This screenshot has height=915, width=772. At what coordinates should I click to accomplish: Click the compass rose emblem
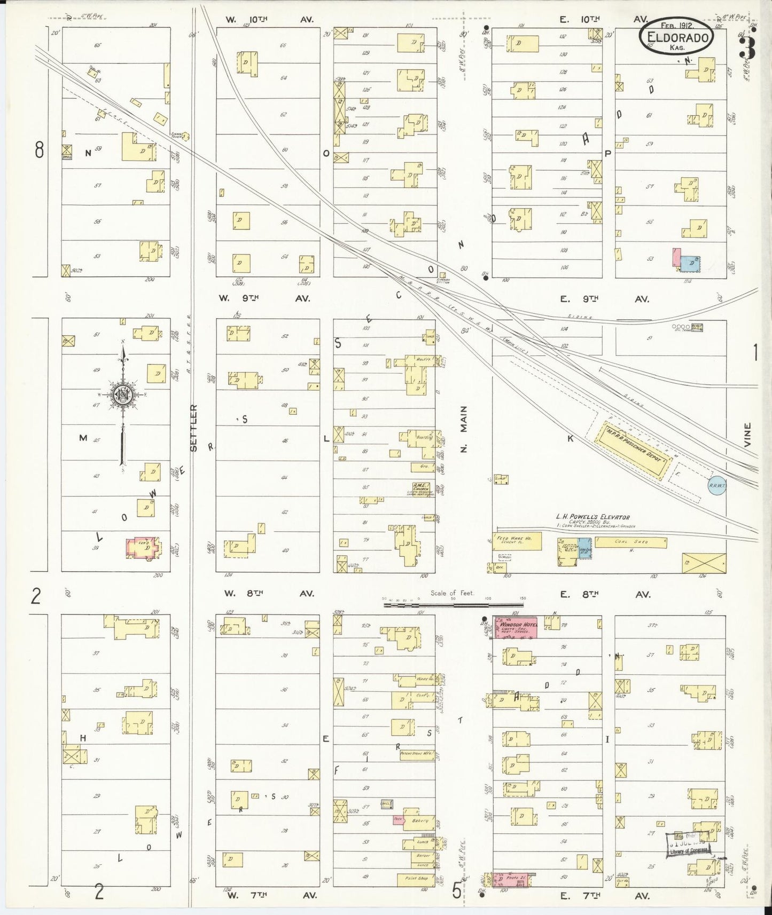pyautogui.click(x=123, y=395)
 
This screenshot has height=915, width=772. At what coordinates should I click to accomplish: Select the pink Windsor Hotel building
pyautogui.click(x=516, y=628)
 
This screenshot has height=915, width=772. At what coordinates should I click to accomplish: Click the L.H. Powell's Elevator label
pyautogui.click(x=592, y=517)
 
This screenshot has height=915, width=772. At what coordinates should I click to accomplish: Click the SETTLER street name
pyautogui.click(x=194, y=427)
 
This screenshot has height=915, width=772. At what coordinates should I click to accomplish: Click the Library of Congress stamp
pyautogui.click(x=688, y=844)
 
